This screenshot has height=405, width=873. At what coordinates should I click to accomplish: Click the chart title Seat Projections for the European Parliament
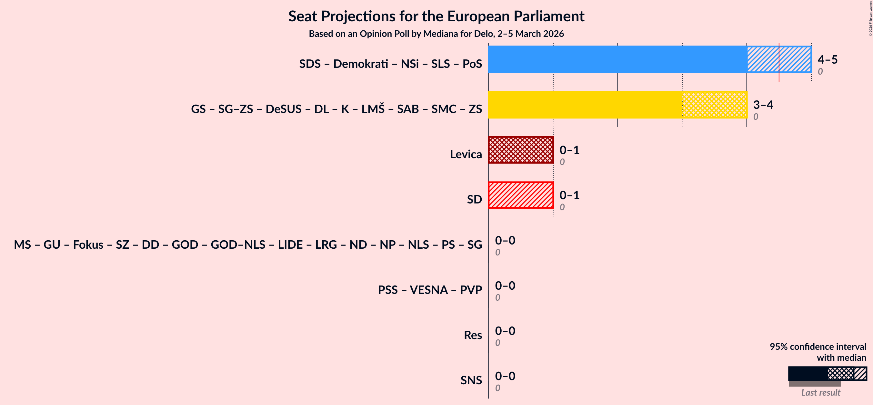436,16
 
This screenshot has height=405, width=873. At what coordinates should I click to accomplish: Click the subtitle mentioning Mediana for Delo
436,34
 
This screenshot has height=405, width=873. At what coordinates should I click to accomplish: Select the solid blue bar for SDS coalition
617,59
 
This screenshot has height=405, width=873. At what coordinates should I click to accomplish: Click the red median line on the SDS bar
779,63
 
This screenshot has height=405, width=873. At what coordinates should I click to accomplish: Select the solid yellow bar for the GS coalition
585,104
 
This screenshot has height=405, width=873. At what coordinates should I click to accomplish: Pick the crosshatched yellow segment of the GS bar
714,104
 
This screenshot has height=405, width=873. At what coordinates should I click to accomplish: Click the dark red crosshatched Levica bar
521,150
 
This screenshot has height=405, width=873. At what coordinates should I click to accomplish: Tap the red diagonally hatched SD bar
521,195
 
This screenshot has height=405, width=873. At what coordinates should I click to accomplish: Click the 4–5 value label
827,60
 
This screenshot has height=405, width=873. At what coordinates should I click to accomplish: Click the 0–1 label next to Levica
569,150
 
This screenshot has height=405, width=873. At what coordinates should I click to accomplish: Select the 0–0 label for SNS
505,376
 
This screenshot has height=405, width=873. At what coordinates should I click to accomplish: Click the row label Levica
466,154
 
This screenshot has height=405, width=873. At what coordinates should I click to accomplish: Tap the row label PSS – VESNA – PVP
430,290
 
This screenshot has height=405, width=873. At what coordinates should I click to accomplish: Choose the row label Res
473,335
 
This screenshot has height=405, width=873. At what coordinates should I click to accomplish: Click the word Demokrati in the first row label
361,64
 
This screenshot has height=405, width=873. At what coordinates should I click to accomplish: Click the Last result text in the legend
820,392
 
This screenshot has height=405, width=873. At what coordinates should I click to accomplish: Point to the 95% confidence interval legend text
818,347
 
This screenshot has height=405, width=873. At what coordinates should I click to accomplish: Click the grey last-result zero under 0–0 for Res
497,343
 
